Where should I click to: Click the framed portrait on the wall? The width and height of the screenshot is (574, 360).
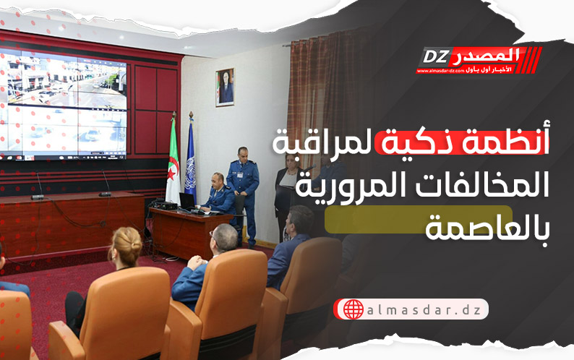point(225,87)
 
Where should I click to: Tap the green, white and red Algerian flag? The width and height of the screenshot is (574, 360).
point(173,161)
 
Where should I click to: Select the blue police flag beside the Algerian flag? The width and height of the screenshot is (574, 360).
point(190,158)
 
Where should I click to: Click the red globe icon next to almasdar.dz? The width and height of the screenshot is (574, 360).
point(354,309)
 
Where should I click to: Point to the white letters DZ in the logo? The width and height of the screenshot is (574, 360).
point(436,57)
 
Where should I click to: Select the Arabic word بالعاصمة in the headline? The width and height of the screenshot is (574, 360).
point(487,230)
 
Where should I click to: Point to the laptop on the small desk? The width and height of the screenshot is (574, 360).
point(187,202)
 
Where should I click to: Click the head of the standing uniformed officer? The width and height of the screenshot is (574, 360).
point(242,155)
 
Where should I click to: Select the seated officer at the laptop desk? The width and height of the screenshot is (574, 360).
point(219,194)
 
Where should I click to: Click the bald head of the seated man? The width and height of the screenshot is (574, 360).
point(224,237)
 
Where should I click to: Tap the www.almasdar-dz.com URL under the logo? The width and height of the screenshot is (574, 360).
point(440,71)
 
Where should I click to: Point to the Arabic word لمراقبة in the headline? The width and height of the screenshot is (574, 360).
point(325,143)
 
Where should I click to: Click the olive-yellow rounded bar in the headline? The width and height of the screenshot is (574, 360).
point(418,219)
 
